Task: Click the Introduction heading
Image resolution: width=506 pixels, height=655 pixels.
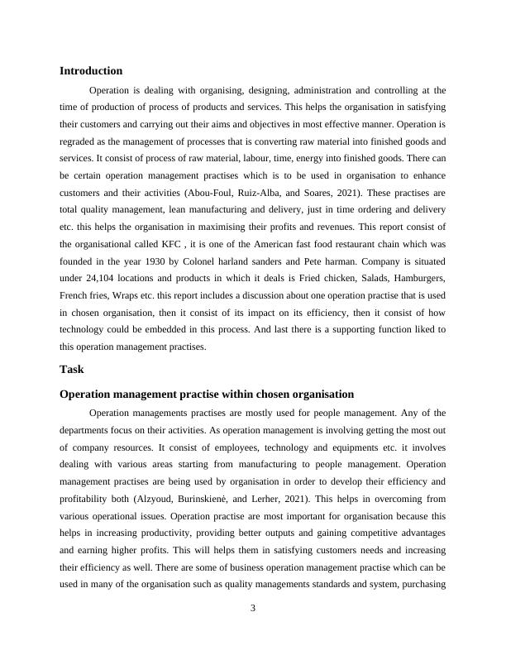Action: point(91,71)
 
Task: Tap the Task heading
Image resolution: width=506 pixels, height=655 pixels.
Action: point(72,369)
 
